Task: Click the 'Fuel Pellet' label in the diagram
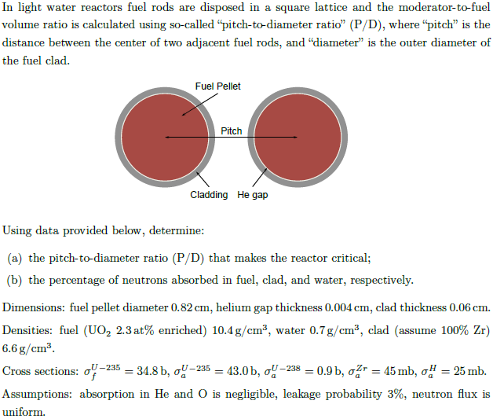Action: click(x=218, y=86)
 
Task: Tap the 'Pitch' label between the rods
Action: click(x=232, y=131)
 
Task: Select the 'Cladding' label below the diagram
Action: click(x=209, y=194)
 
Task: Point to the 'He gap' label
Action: click(x=252, y=194)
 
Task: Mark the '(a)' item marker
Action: click(x=14, y=258)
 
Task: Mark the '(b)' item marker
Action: click(x=14, y=281)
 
